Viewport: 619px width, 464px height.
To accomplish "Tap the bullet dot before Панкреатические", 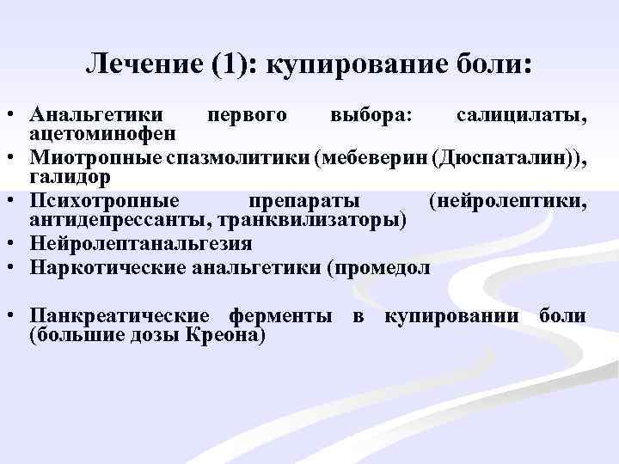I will pos(12,316).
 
